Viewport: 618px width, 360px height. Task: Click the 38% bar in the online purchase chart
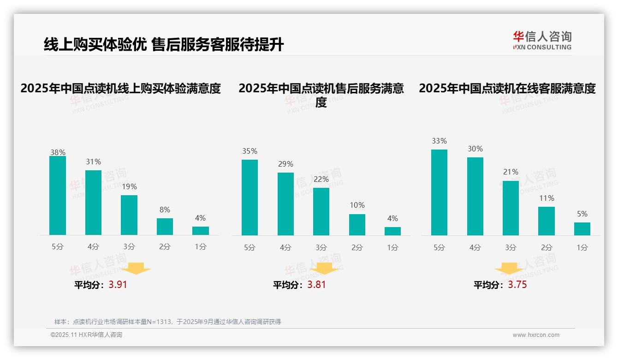coord(58,196)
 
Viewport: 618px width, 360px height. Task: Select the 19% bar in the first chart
coord(129,215)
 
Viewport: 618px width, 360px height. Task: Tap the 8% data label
coord(165,210)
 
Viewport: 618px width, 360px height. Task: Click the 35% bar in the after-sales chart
coord(250,198)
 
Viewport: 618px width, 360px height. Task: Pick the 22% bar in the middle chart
coord(321,211)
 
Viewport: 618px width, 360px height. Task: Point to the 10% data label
coord(357,205)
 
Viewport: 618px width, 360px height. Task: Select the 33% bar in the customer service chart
coord(439,192)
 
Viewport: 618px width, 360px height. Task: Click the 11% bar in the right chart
coord(547,221)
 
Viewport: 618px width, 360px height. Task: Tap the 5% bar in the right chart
coord(582,229)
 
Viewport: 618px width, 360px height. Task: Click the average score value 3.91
coord(118,285)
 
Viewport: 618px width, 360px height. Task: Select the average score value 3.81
coord(316,285)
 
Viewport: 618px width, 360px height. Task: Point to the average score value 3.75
coord(517,285)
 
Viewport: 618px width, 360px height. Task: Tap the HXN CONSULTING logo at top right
coord(542,41)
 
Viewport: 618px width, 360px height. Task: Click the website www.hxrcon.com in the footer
coord(536,335)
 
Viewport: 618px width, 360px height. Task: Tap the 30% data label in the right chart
coord(475,149)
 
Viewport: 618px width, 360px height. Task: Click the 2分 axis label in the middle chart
coord(357,247)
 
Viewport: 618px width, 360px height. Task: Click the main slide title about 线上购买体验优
coord(164,44)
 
